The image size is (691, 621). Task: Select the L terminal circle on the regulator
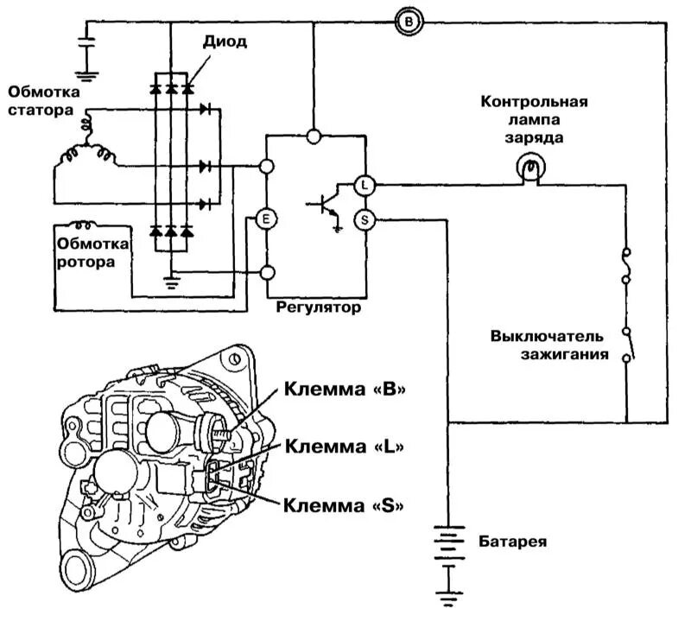364,184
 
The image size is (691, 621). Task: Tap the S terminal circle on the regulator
364,219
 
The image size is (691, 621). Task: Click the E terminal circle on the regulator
265,219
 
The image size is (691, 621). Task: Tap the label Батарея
512,542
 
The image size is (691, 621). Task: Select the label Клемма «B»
345,390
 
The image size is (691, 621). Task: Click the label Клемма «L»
345,447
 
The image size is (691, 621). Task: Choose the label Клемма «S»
345,505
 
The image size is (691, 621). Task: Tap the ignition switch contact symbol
630,343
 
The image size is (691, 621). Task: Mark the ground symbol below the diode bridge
171,277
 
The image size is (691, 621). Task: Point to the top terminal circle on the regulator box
314,136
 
